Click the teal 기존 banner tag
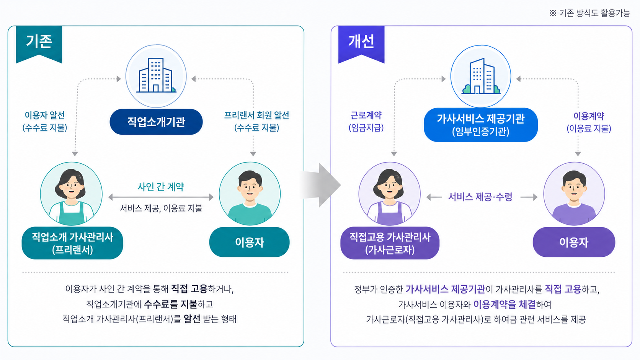[x=39, y=43]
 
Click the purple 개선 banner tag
[x=361, y=43]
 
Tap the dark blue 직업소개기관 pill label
[x=156, y=122]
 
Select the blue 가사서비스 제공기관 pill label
[x=481, y=125]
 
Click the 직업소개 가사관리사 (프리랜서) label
[x=72, y=243]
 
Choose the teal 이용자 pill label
[x=250, y=242]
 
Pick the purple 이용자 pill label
[x=574, y=242]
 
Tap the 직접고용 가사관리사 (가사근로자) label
[x=390, y=243]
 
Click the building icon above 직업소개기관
[x=156, y=76]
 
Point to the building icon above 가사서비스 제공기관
[x=481, y=76]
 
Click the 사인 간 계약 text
[x=161, y=187]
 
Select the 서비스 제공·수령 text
[x=480, y=197]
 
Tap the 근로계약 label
[x=366, y=115]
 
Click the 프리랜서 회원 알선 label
[x=256, y=115]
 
